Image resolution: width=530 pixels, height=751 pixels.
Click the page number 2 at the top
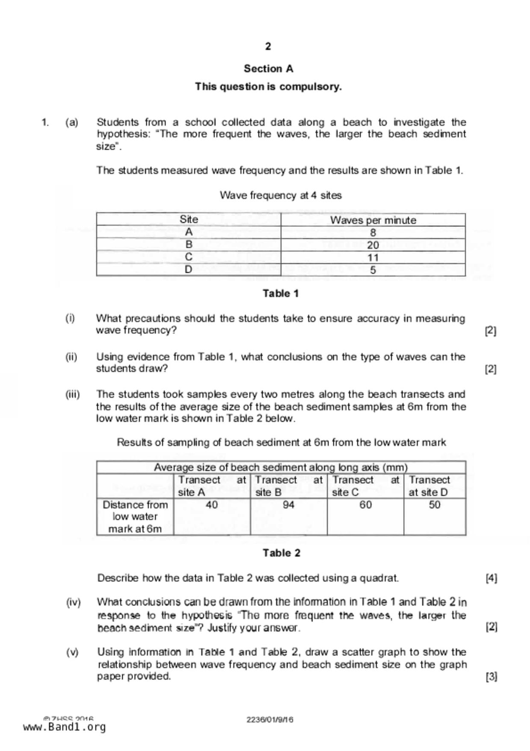268,46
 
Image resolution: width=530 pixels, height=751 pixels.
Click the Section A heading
268,69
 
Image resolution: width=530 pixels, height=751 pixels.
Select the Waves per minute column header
373,220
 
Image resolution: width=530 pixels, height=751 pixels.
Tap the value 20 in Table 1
373,245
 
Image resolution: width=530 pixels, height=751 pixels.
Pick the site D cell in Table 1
188,270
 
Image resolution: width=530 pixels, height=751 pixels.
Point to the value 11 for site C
373,257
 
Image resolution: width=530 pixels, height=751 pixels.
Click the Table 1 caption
281,293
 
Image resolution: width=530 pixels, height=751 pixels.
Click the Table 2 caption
281,553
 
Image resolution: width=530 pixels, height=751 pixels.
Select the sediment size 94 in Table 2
289,505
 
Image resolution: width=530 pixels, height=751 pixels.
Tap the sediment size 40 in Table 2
212,505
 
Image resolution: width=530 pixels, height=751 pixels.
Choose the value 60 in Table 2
365,505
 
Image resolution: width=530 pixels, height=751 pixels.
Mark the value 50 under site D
435,505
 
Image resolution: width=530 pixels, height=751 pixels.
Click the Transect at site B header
289,486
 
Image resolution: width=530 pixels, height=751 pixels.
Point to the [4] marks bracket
491,578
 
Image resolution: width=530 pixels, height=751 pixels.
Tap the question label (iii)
72,394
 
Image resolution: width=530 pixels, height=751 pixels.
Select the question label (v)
72,652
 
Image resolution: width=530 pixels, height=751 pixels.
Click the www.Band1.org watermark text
64,727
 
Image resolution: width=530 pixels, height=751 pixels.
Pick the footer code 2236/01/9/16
269,720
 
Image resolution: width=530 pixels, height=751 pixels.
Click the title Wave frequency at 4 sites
281,195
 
